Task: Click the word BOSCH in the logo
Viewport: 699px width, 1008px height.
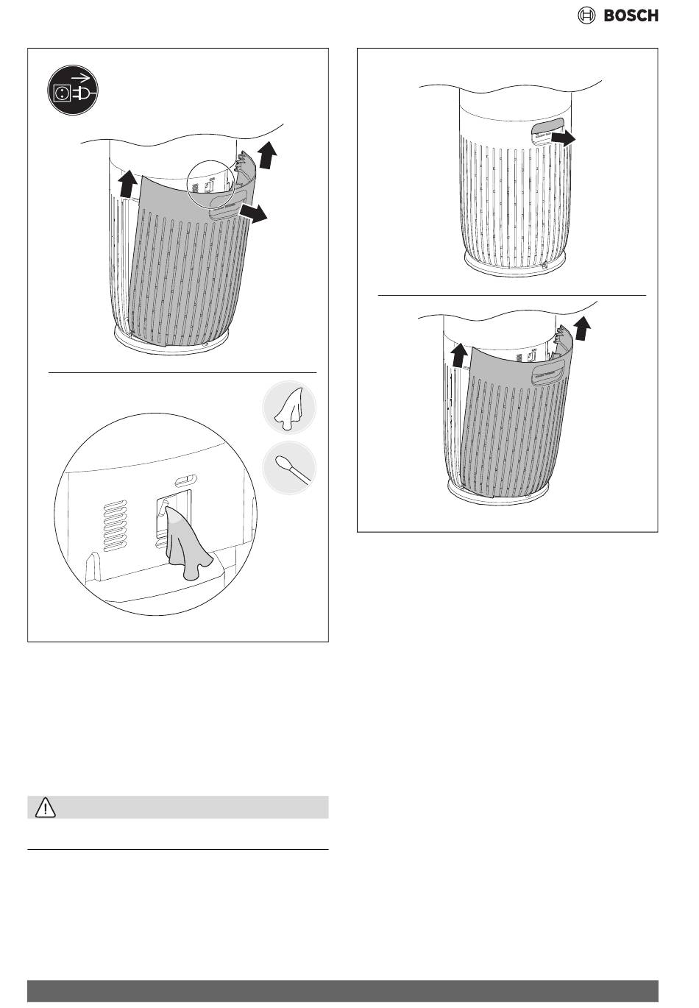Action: pyautogui.click(x=631, y=15)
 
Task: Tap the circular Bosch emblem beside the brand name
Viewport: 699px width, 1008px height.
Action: pyautogui.click(x=586, y=15)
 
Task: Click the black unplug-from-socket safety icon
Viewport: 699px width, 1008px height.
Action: pyautogui.click(x=72, y=90)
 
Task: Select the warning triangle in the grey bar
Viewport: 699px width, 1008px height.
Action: pyautogui.click(x=45, y=807)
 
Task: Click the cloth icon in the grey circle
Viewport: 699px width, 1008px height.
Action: pyautogui.click(x=289, y=407)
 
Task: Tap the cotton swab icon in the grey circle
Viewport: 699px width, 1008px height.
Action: pyautogui.click(x=289, y=468)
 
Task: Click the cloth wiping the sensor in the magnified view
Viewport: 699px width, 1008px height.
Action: pyautogui.click(x=188, y=543)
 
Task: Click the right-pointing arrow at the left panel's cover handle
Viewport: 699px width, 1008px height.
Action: pyautogui.click(x=252, y=213)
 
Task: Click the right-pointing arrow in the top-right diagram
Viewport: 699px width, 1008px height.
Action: pyautogui.click(x=563, y=138)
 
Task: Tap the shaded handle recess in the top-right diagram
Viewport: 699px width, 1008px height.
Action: pyautogui.click(x=547, y=128)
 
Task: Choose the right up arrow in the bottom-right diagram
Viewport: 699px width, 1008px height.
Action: pyautogui.click(x=582, y=328)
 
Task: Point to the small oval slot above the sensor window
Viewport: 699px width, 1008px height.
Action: pyautogui.click(x=185, y=480)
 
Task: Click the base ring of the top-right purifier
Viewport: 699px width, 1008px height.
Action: pyautogui.click(x=514, y=265)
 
